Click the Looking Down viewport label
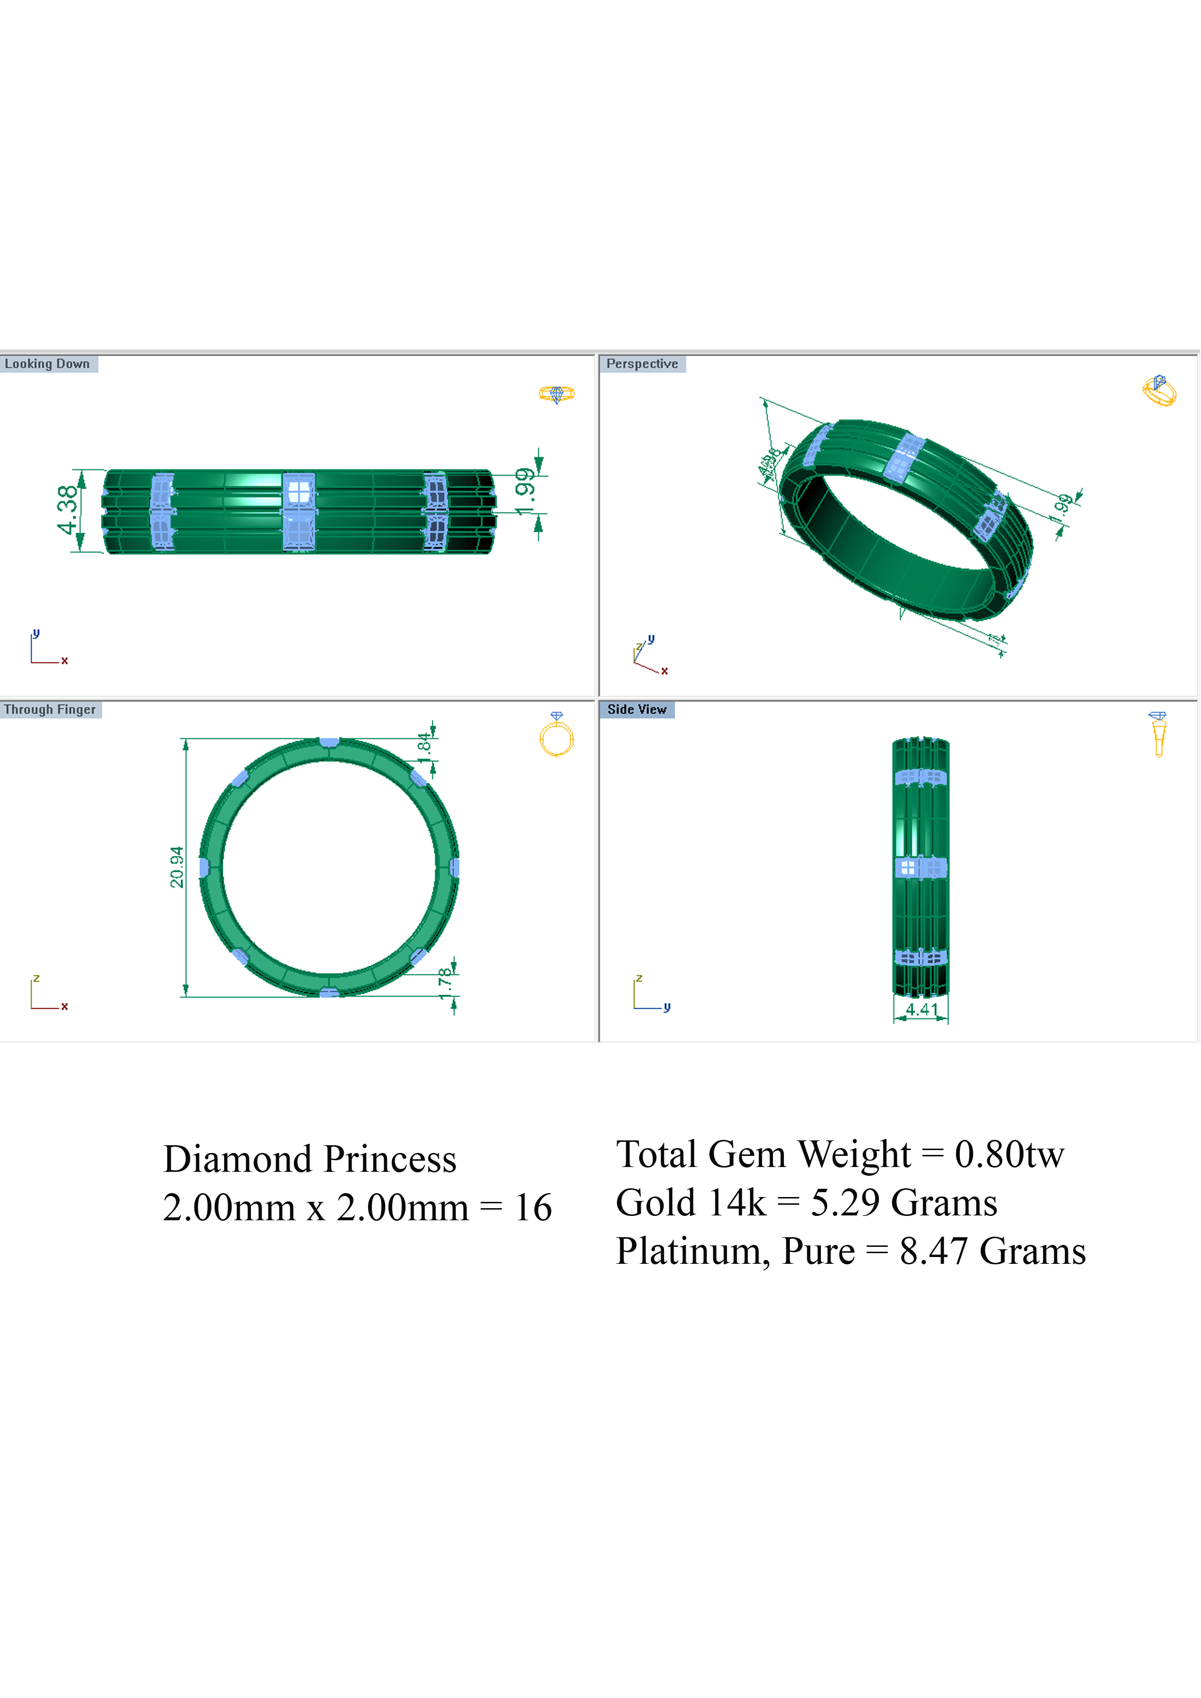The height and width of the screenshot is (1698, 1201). (47, 364)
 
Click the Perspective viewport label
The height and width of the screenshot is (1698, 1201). (642, 364)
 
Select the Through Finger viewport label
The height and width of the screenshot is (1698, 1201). (49, 709)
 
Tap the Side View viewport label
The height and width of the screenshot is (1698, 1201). (636, 709)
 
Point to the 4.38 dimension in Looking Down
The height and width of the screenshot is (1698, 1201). (67, 510)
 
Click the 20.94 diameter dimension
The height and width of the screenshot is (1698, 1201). (176, 867)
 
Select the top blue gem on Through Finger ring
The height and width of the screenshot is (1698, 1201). (329, 742)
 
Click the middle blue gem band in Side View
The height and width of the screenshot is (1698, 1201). (921, 867)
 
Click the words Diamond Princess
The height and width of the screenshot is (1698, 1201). (309, 1159)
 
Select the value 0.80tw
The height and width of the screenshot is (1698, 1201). (1009, 1154)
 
